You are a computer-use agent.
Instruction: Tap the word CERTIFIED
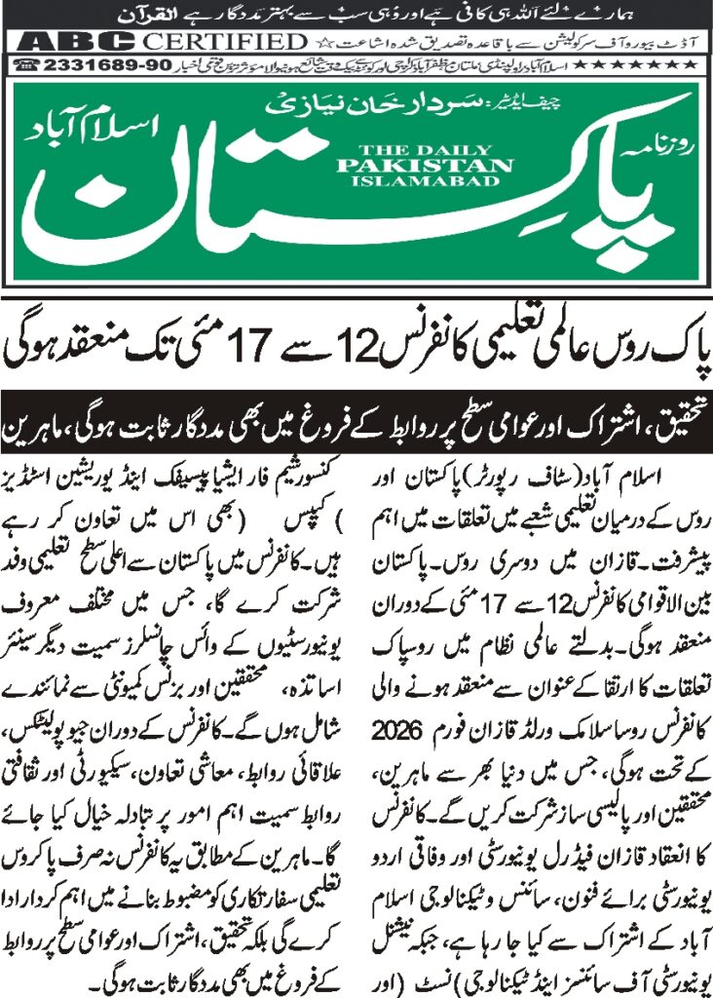coord(220,42)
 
